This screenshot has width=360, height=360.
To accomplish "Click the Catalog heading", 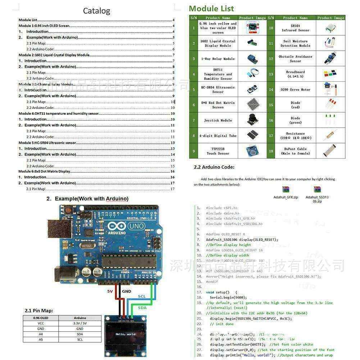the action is tap(96, 11).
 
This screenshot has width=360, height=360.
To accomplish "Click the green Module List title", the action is tap(211, 9).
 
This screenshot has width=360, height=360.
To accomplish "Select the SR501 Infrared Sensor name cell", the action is tap(295, 28).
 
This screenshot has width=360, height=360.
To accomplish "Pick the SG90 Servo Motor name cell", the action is tap(295, 90).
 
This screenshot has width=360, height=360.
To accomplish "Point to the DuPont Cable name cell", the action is tap(295, 151).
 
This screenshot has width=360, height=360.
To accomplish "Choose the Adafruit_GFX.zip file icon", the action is tap(286, 190).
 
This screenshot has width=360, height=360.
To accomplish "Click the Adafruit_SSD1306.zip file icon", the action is tap(317, 190).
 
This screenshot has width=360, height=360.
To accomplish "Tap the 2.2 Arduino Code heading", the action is tap(214, 167).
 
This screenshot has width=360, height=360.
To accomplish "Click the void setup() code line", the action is tap(221, 292).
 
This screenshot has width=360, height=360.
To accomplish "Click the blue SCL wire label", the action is tap(142, 296).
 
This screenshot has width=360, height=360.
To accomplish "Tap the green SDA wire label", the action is tap(142, 307).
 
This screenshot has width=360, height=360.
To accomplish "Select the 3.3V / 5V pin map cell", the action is tap(80, 323).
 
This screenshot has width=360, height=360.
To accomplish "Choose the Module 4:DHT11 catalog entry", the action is tap(58, 114).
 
